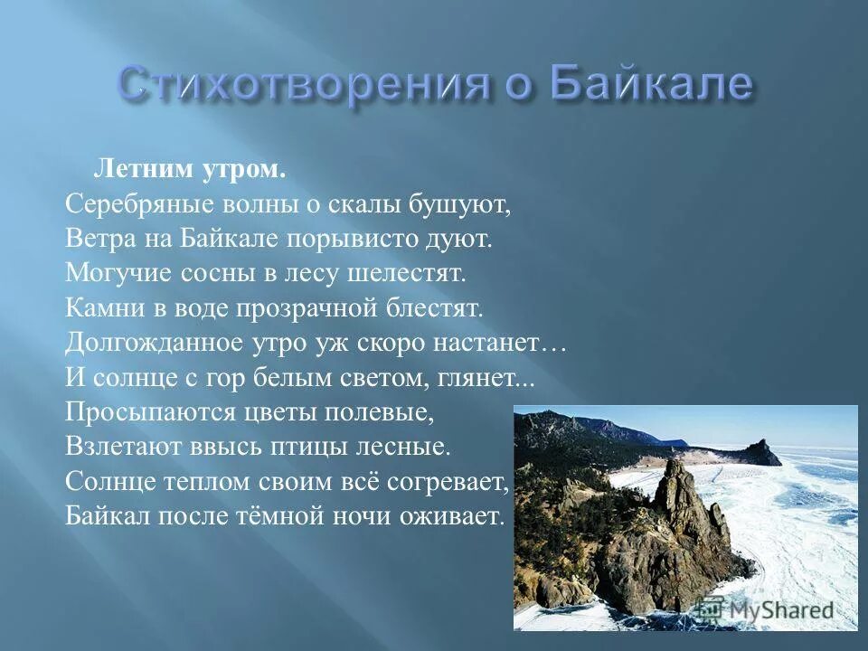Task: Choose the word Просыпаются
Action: point(130,411)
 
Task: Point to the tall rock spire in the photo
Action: point(680,493)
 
